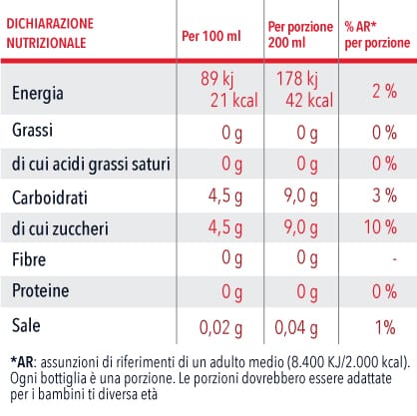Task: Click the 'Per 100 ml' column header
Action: (211, 36)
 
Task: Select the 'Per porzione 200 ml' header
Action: (300, 35)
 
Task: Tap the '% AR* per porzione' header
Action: (377, 35)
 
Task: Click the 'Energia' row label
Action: (38, 94)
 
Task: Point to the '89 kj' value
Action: (217, 79)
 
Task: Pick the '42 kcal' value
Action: (309, 100)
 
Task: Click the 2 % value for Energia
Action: (384, 91)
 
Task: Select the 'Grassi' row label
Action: (32, 130)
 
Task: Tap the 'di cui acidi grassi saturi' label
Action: (91, 165)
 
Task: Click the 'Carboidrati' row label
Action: (50, 198)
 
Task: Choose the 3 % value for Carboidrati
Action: (384, 195)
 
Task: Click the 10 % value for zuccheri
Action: (380, 227)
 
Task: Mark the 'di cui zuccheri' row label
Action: (60, 228)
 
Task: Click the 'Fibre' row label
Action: (29, 259)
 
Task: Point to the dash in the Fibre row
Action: (394, 258)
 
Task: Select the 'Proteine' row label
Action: (41, 290)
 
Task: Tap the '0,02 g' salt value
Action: (220, 328)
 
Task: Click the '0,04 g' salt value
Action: (296, 328)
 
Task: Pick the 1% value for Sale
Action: (385, 327)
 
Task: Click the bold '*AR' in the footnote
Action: (22, 362)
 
